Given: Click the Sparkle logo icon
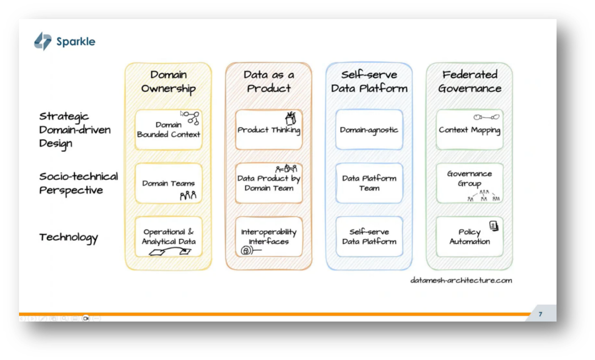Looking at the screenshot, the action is point(42,41).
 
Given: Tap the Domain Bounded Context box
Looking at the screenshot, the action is point(168,130).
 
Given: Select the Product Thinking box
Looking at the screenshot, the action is point(269,130).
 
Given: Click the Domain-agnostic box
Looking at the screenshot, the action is point(369,130).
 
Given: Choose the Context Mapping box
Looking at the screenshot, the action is point(470,130).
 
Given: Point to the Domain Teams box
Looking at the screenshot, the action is point(168,183).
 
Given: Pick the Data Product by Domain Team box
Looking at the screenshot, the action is point(269,183).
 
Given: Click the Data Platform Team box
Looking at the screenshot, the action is point(369,183).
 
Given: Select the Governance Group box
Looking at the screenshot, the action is point(470,183).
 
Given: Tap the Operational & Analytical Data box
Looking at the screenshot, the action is point(168,237).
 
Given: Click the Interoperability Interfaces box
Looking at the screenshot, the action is point(269,237).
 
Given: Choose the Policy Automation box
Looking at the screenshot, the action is point(470,237).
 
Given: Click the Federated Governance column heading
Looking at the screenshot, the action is point(470,81).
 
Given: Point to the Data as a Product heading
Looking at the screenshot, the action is point(269,81).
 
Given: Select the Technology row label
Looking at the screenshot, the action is point(68,237).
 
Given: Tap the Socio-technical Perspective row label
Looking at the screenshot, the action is point(79,183).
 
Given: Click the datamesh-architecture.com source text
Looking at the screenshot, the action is point(461,280).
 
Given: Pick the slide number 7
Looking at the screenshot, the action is point(540,314).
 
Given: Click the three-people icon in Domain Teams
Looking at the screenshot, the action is point(188,196).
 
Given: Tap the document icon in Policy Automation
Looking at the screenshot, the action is point(494,226).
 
